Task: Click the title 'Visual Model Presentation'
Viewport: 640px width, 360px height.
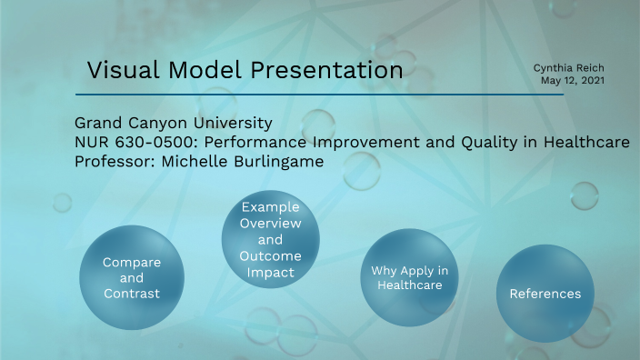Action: (245, 69)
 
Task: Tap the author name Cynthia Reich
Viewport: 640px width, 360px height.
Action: (569, 67)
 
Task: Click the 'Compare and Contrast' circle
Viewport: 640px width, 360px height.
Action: (131, 278)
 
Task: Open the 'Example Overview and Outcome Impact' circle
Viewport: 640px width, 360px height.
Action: (270, 239)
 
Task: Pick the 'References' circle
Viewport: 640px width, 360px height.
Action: (545, 294)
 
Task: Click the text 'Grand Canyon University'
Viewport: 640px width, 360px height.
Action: (173, 123)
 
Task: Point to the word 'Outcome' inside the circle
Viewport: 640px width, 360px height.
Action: (270, 255)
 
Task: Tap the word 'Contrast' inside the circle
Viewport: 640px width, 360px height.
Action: (131, 294)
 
